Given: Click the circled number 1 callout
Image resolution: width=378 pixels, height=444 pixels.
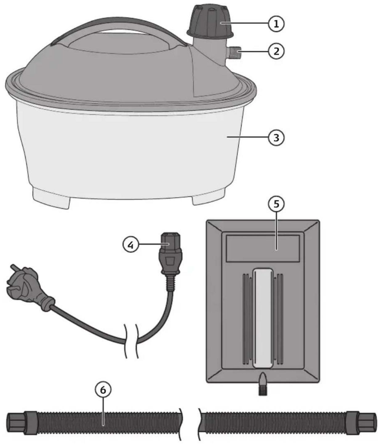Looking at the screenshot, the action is tap(276, 24).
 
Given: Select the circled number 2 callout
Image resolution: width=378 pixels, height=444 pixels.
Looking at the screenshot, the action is tap(276, 51).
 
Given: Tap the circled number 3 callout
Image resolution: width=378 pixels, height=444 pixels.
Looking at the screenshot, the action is tap(276, 138).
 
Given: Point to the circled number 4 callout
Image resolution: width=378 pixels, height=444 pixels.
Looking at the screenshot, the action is tap(131, 245).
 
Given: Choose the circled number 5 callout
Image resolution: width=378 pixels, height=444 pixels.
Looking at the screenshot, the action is tap(276, 204).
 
